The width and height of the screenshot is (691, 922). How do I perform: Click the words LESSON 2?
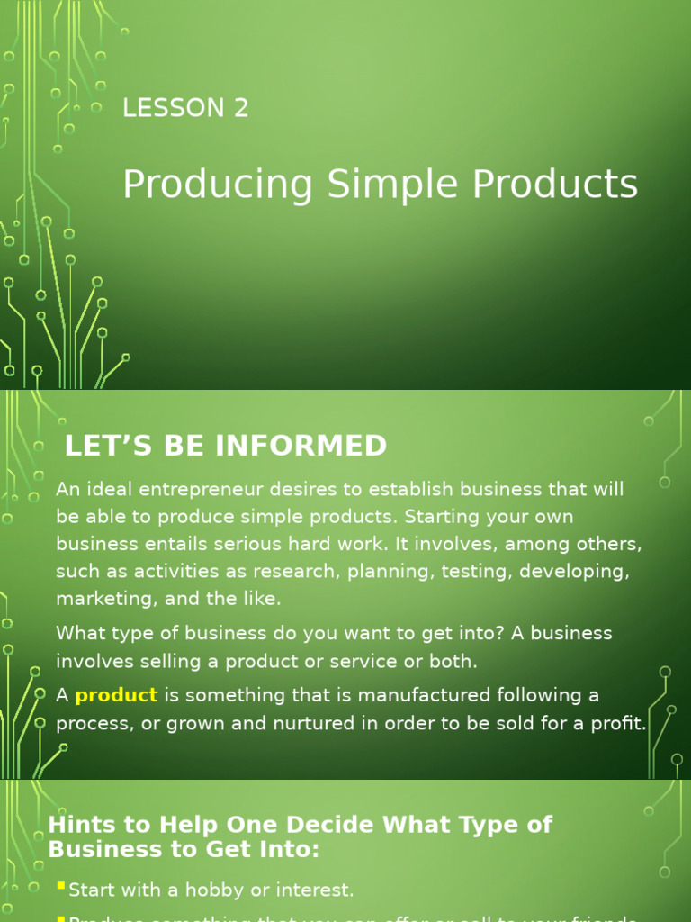point(185,108)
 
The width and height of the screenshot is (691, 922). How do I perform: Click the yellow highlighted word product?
point(116,696)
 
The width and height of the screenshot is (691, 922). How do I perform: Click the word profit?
point(617,723)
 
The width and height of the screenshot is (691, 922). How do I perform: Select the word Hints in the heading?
point(79,825)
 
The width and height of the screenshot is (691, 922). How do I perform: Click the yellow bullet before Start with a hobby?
point(60,887)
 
